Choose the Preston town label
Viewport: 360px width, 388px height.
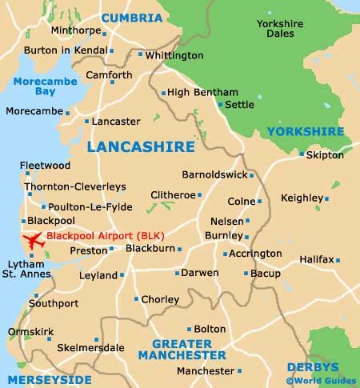click(89, 250)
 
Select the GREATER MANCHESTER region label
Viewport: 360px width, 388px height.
click(189, 350)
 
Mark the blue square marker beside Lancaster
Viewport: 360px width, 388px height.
click(86, 122)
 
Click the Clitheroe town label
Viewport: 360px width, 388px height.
click(173, 194)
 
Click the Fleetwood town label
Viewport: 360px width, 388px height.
click(45, 166)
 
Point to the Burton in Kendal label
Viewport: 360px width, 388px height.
click(66, 50)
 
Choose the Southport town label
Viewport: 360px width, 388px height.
click(54, 304)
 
